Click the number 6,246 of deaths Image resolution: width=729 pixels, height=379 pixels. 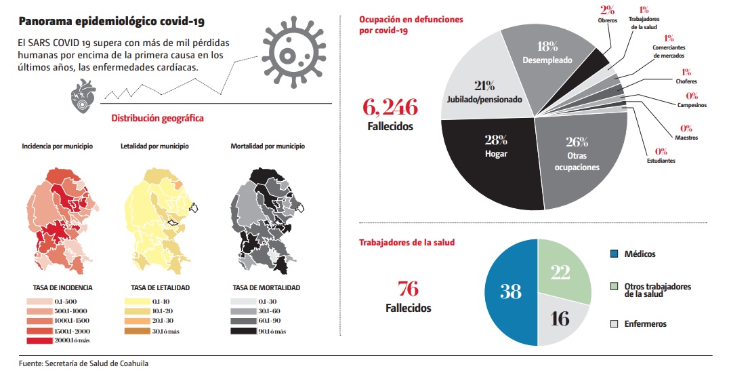390,106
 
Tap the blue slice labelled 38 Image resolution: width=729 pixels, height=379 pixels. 510,292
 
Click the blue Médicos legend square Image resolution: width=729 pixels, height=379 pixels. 614,254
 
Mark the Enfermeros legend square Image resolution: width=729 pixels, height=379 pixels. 614,324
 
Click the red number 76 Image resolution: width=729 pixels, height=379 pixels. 408,288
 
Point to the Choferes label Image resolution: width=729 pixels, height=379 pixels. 685,81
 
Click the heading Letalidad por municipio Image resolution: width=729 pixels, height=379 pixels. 154,146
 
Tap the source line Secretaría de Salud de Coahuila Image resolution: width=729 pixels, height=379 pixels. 83,363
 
